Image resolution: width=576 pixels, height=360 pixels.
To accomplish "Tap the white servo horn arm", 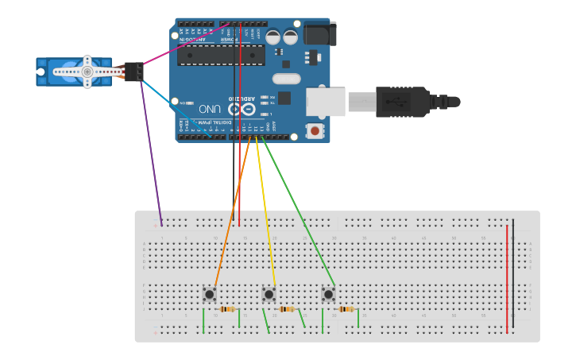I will (x=87, y=71).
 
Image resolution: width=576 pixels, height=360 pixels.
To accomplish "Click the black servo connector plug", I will (x=133, y=71).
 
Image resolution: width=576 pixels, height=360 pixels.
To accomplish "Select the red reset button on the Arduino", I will (x=315, y=130).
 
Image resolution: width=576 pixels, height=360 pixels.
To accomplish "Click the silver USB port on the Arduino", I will (x=326, y=102).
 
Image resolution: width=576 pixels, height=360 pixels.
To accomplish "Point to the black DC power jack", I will (x=321, y=33).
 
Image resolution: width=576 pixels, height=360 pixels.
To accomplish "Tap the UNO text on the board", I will (x=210, y=109).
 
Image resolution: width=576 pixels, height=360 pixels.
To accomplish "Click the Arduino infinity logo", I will (x=245, y=109).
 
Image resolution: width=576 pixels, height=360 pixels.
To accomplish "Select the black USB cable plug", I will (x=405, y=102).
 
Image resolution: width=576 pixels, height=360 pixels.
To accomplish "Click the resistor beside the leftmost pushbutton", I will (x=228, y=309).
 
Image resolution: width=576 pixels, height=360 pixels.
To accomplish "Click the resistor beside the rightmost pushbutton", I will (x=347, y=309).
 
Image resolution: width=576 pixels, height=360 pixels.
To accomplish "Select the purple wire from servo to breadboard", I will (x=152, y=151).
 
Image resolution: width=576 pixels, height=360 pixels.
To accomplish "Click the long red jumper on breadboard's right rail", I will (x=507, y=278).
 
